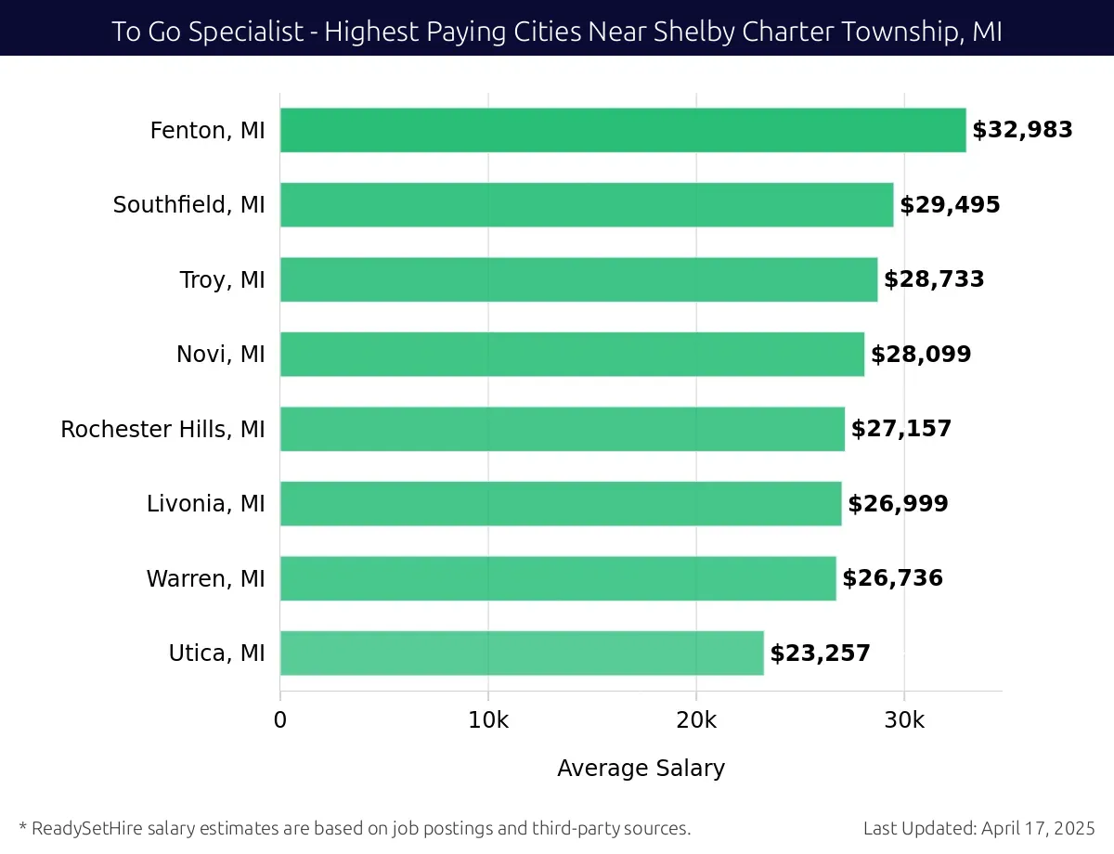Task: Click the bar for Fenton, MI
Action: (622, 130)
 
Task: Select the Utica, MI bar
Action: (522, 653)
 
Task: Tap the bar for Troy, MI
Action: (578, 279)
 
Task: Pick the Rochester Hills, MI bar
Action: (563, 429)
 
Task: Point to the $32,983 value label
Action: (1022, 130)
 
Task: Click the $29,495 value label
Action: (950, 205)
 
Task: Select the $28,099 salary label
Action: (921, 355)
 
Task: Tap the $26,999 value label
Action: (898, 504)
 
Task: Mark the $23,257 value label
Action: (821, 653)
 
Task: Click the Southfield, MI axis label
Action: (189, 205)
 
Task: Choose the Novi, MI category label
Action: (221, 355)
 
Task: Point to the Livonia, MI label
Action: (206, 504)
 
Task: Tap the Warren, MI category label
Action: (206, 579)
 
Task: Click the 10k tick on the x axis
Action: (488, 721)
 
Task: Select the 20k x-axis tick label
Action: (696, 721)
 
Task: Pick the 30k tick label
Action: (904, 721)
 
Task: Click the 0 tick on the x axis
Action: (280, 721)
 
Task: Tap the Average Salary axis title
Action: (641, 769)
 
